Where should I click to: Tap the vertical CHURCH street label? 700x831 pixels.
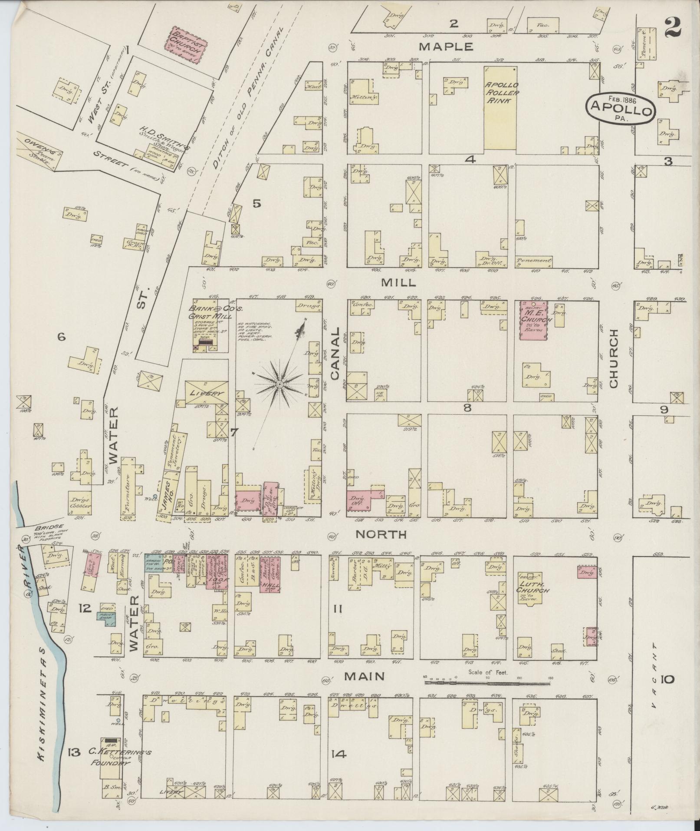(x=613, y=359)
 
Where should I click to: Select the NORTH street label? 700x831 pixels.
(x=381, y=535)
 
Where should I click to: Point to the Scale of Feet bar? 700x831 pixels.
(x=487, y=683)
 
